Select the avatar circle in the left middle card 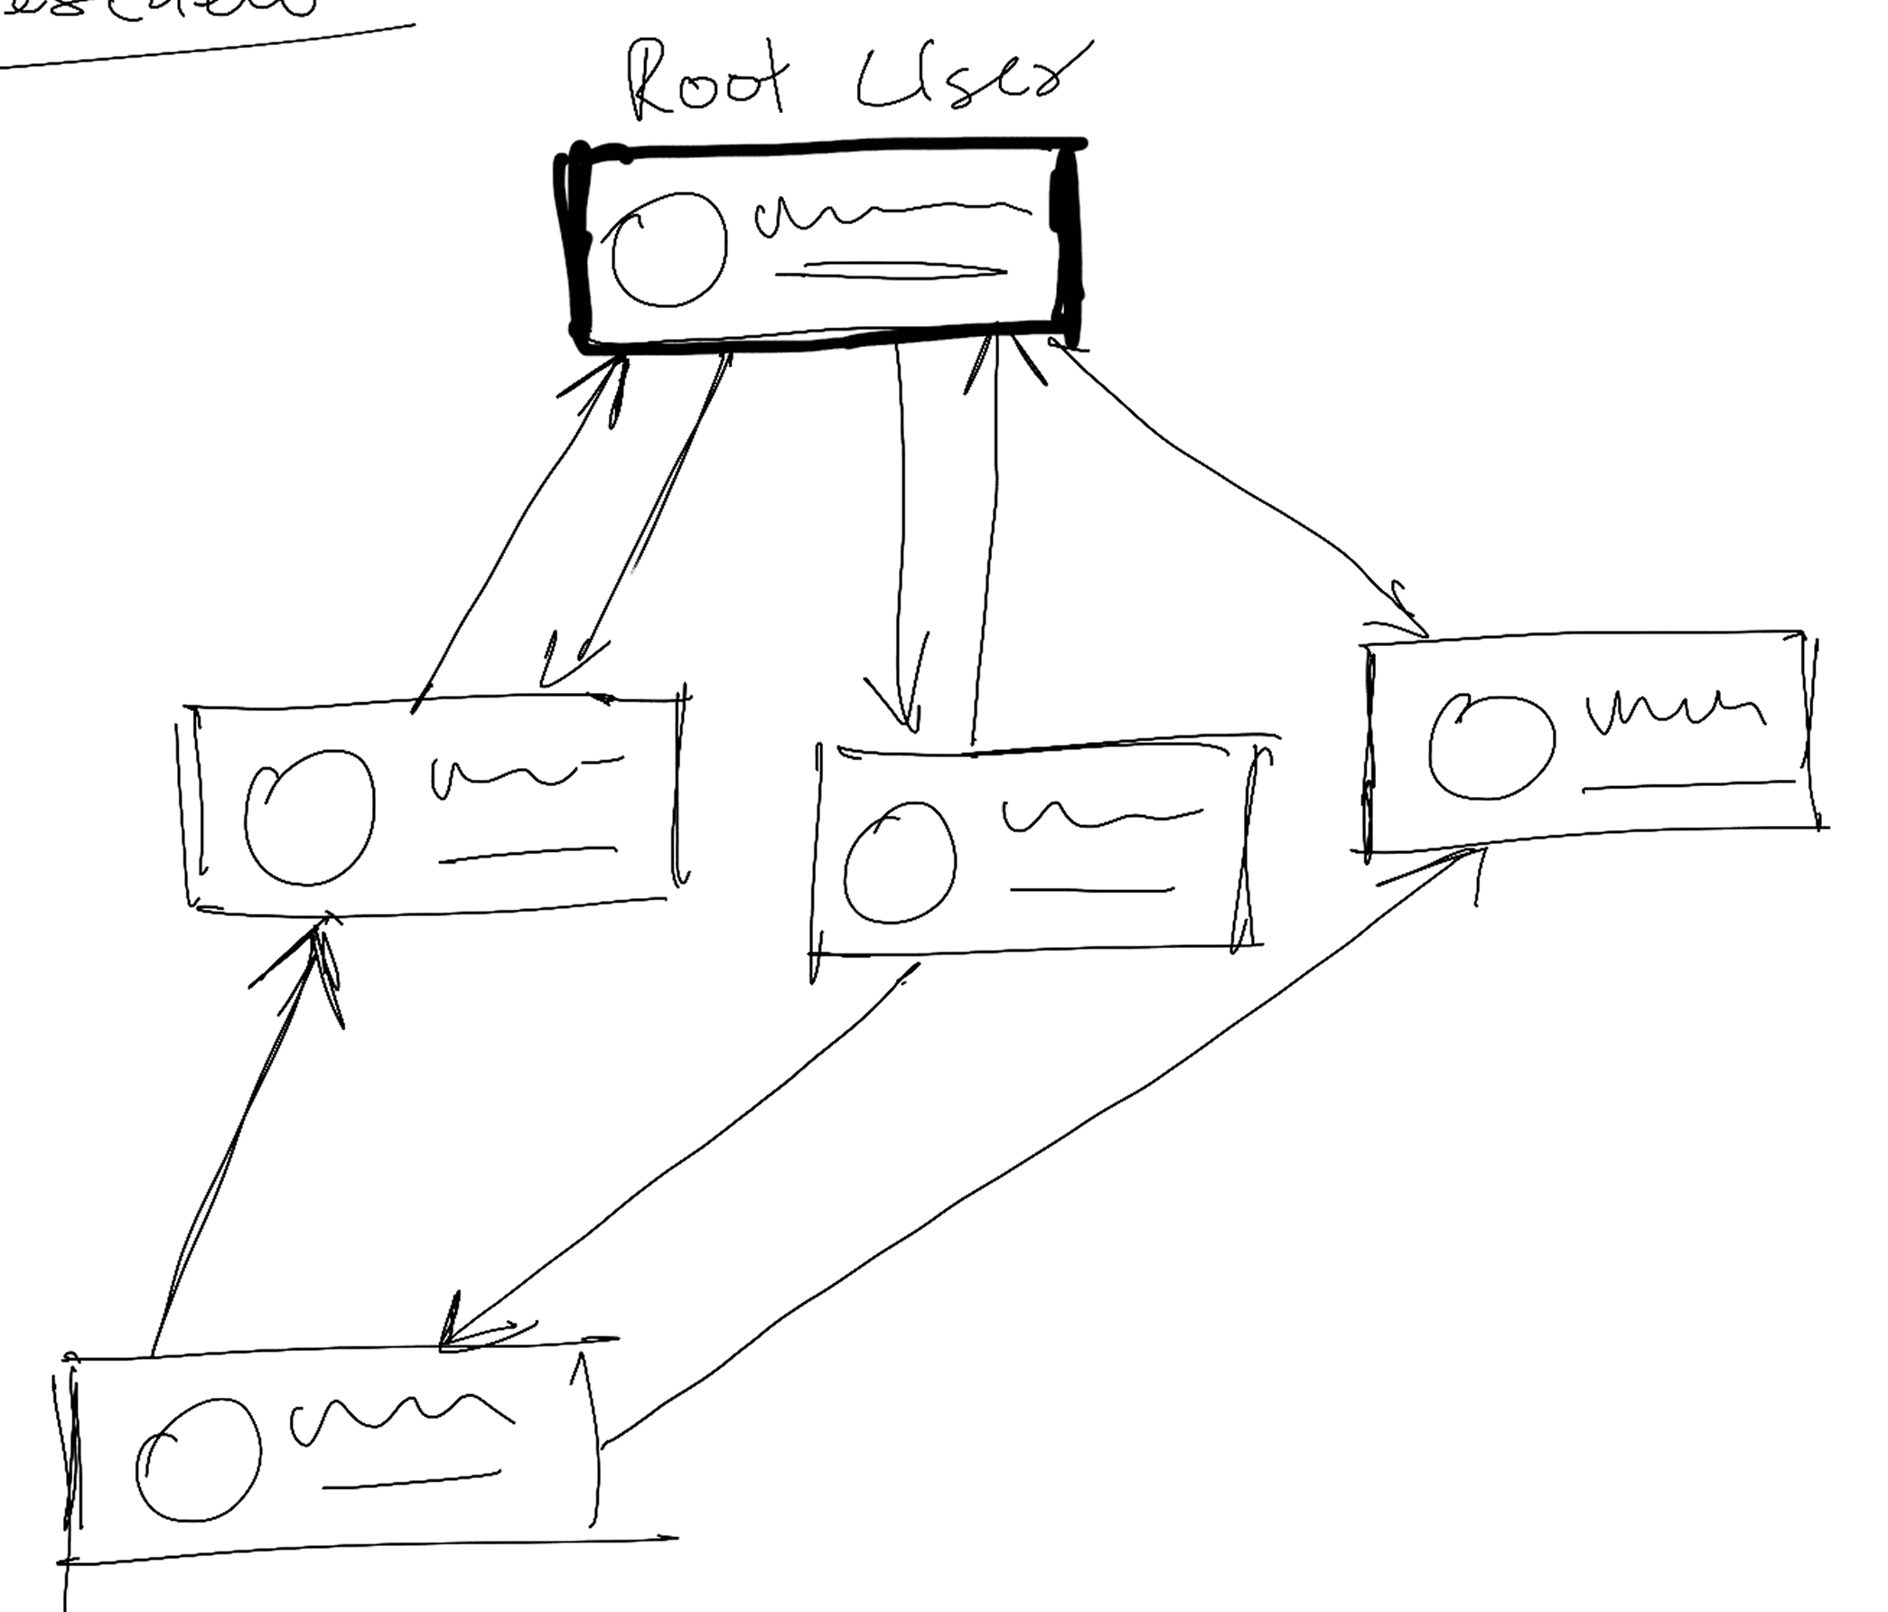click(x=310, y=817)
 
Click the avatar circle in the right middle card click(x=1491, y=746)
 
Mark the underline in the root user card click(x=898, y=271)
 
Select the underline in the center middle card click(x=1090, y=889)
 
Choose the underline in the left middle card click(x=527, y=854)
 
